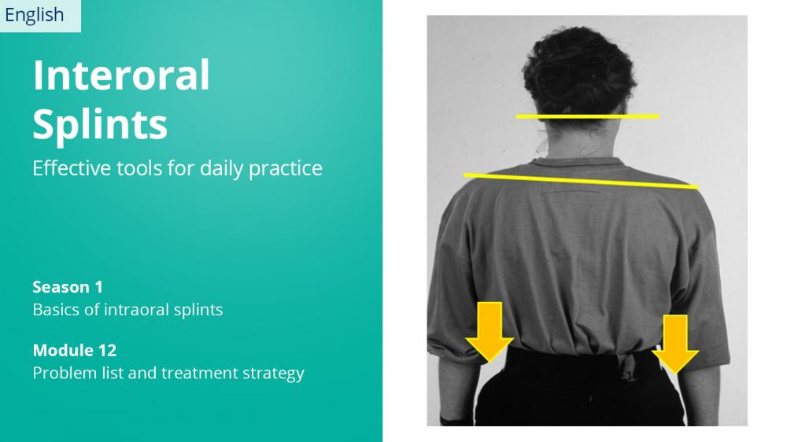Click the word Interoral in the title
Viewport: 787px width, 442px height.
pyautogui.click(x=121, y=75)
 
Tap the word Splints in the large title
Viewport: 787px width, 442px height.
pyautogui.click(x=100, y=124)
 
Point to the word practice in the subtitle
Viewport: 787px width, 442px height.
pyautogui.click(x=285, y=169)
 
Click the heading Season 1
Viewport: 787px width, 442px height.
pyautogui.click(x=68, y=287)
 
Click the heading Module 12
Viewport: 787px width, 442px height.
pyautogui.click(x=75, y=350)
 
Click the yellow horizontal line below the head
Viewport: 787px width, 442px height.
pyautogui.click(x=588, y=116)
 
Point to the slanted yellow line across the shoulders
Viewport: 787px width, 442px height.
pyautogui.click(x=581, y=181)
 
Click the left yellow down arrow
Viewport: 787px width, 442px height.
pyautogui.click(x=490, y=332)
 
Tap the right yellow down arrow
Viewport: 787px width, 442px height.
pyautogui.click(x=675, y=344)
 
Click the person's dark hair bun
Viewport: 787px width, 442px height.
pyautogui.click(x=578, y=70)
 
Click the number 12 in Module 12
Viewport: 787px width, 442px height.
pyautogui.click(x=107, y=350)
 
